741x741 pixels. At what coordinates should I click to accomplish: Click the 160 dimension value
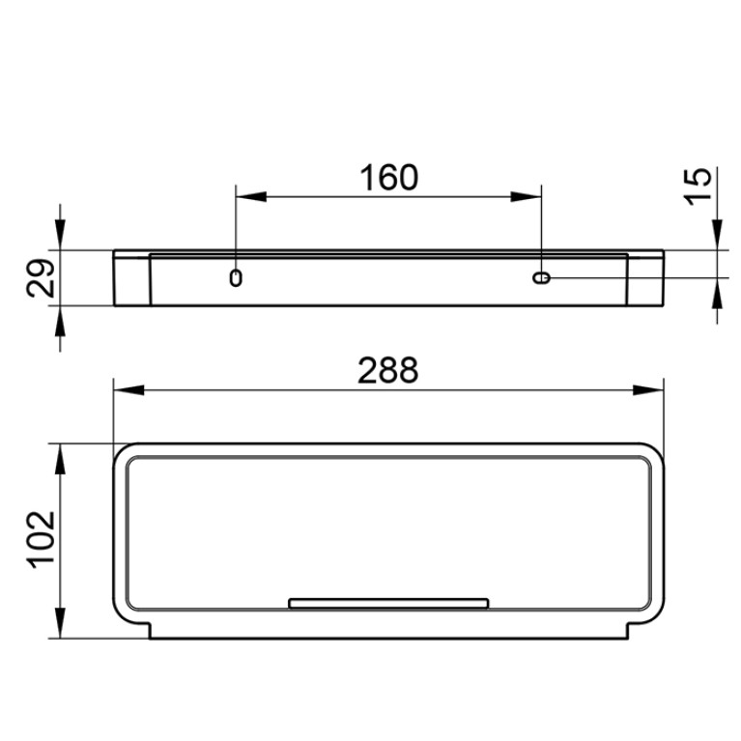389,178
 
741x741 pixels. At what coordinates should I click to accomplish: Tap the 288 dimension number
388,371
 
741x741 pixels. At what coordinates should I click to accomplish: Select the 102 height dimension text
41,539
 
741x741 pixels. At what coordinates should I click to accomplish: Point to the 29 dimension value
41,278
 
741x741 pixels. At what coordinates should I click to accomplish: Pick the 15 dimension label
698,186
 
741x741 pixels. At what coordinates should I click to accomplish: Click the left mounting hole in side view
236,278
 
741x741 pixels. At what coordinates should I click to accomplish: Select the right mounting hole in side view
541,278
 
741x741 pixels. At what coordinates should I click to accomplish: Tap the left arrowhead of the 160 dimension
251,197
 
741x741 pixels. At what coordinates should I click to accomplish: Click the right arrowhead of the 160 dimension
526,197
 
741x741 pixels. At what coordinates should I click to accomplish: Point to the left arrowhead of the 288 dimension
129,390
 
